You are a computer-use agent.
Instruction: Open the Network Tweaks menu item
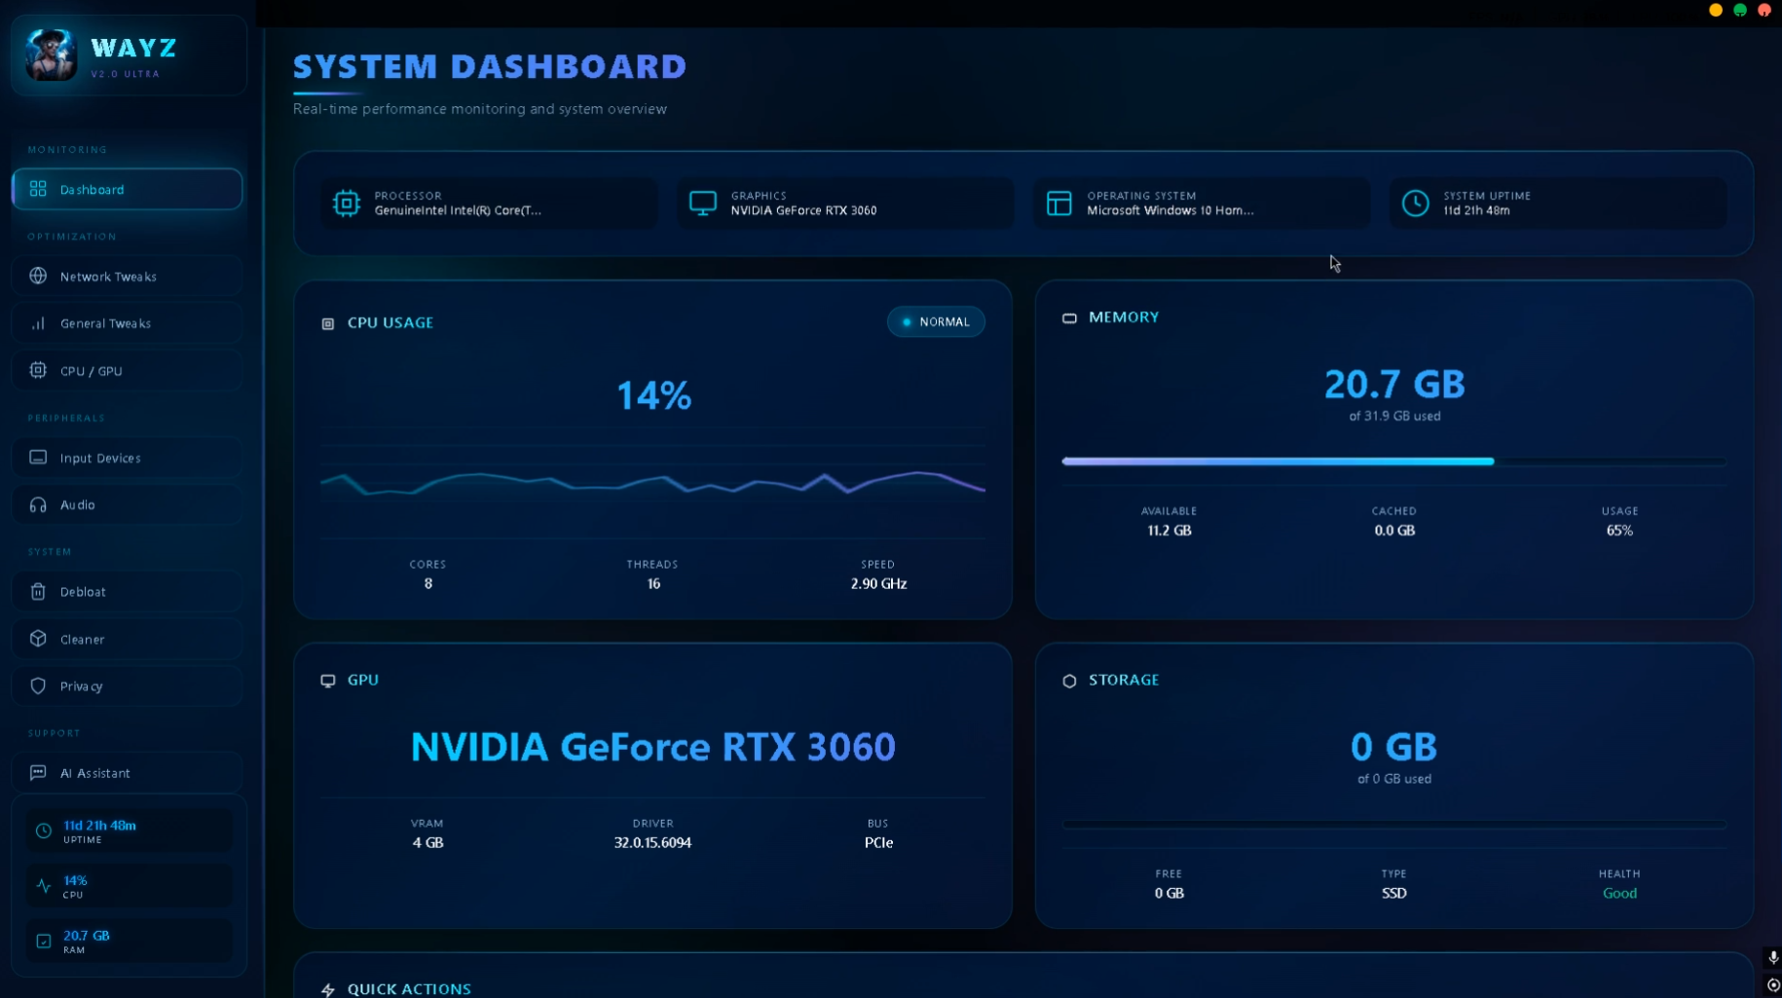127,277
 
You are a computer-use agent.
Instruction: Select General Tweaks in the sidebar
127,323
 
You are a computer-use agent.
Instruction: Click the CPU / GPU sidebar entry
127,371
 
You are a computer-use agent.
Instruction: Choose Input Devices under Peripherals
127,458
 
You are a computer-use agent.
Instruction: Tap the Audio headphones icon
38,504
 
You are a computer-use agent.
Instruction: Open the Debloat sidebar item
127,592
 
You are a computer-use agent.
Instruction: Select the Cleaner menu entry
127,639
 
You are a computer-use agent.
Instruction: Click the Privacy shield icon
38,685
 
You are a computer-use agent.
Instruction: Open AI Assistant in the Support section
127,773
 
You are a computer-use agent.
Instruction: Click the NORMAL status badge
936,321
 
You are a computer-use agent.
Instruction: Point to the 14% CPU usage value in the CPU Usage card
654,395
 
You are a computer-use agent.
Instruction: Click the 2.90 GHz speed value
878,584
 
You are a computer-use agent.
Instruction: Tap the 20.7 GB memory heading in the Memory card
1394,385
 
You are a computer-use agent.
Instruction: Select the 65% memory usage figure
1619,531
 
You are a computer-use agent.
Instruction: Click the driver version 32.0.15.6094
652,843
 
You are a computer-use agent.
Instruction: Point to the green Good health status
1619,894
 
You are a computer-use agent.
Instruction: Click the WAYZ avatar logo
51,55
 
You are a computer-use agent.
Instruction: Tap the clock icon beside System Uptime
1415,203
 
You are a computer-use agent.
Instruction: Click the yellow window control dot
1716,10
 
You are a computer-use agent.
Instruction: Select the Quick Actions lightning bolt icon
328,989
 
